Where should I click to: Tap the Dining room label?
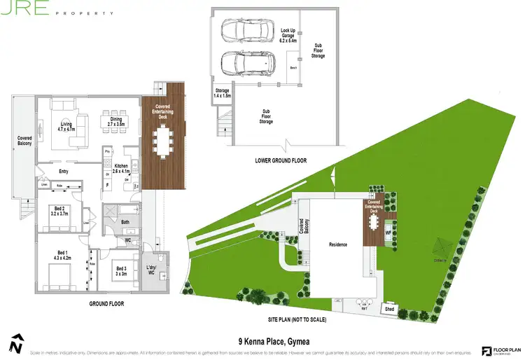pos(115,121)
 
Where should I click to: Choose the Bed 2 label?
pos(59,211)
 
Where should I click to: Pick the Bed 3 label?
pos(121,270)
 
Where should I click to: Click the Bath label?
pos(125,223)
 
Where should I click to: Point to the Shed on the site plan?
pos(390,309)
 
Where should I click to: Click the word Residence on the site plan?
pos(339,244)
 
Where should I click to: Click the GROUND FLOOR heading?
pos(107,304)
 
